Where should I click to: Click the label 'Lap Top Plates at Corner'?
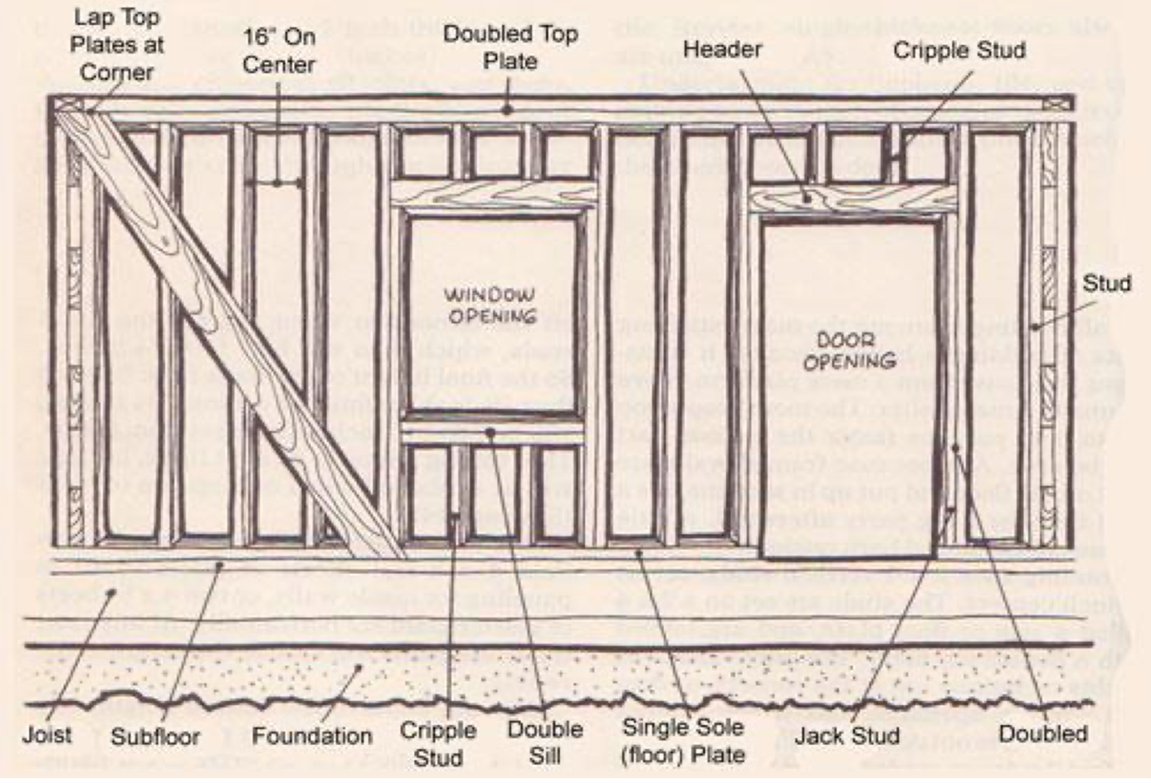pyautogui.click(x=116, y=45)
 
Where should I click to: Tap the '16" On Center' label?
pyautogui.click(x=279, y=51)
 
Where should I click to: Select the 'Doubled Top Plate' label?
pyautogui.click(x=510, y=47)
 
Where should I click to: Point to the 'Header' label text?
pyautogui.click(x=722, y=49)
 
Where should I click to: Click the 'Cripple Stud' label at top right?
pyautogui.click(x=959, y=50)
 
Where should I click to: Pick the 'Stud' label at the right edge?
pyautogui.click(x=1106, y=284)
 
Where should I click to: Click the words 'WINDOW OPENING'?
pyautogui.click(x=490, y=305)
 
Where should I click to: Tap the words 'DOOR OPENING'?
pyautogui.click(x=850, y=351)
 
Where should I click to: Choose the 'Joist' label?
pyautogui.click(x=47, y=735)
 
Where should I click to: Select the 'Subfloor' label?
pyautogui.click(x=155, y=737)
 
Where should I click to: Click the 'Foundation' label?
pyautogui.click(x=312, y=736)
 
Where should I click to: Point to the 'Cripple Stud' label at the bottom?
pyautogui.click(x=438, y=744)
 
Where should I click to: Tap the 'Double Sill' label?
pyautogui.click(x=545, y=742)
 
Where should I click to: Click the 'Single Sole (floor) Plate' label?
pyautogui.click(x=683, y=741)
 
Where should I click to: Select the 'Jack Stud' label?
pyautogui.click(x=847, y=736)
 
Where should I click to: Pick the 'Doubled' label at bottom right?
pyautogui.click(x=1043, y=734)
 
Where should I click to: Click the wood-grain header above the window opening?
pyautogui.click(x=493, y=196)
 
